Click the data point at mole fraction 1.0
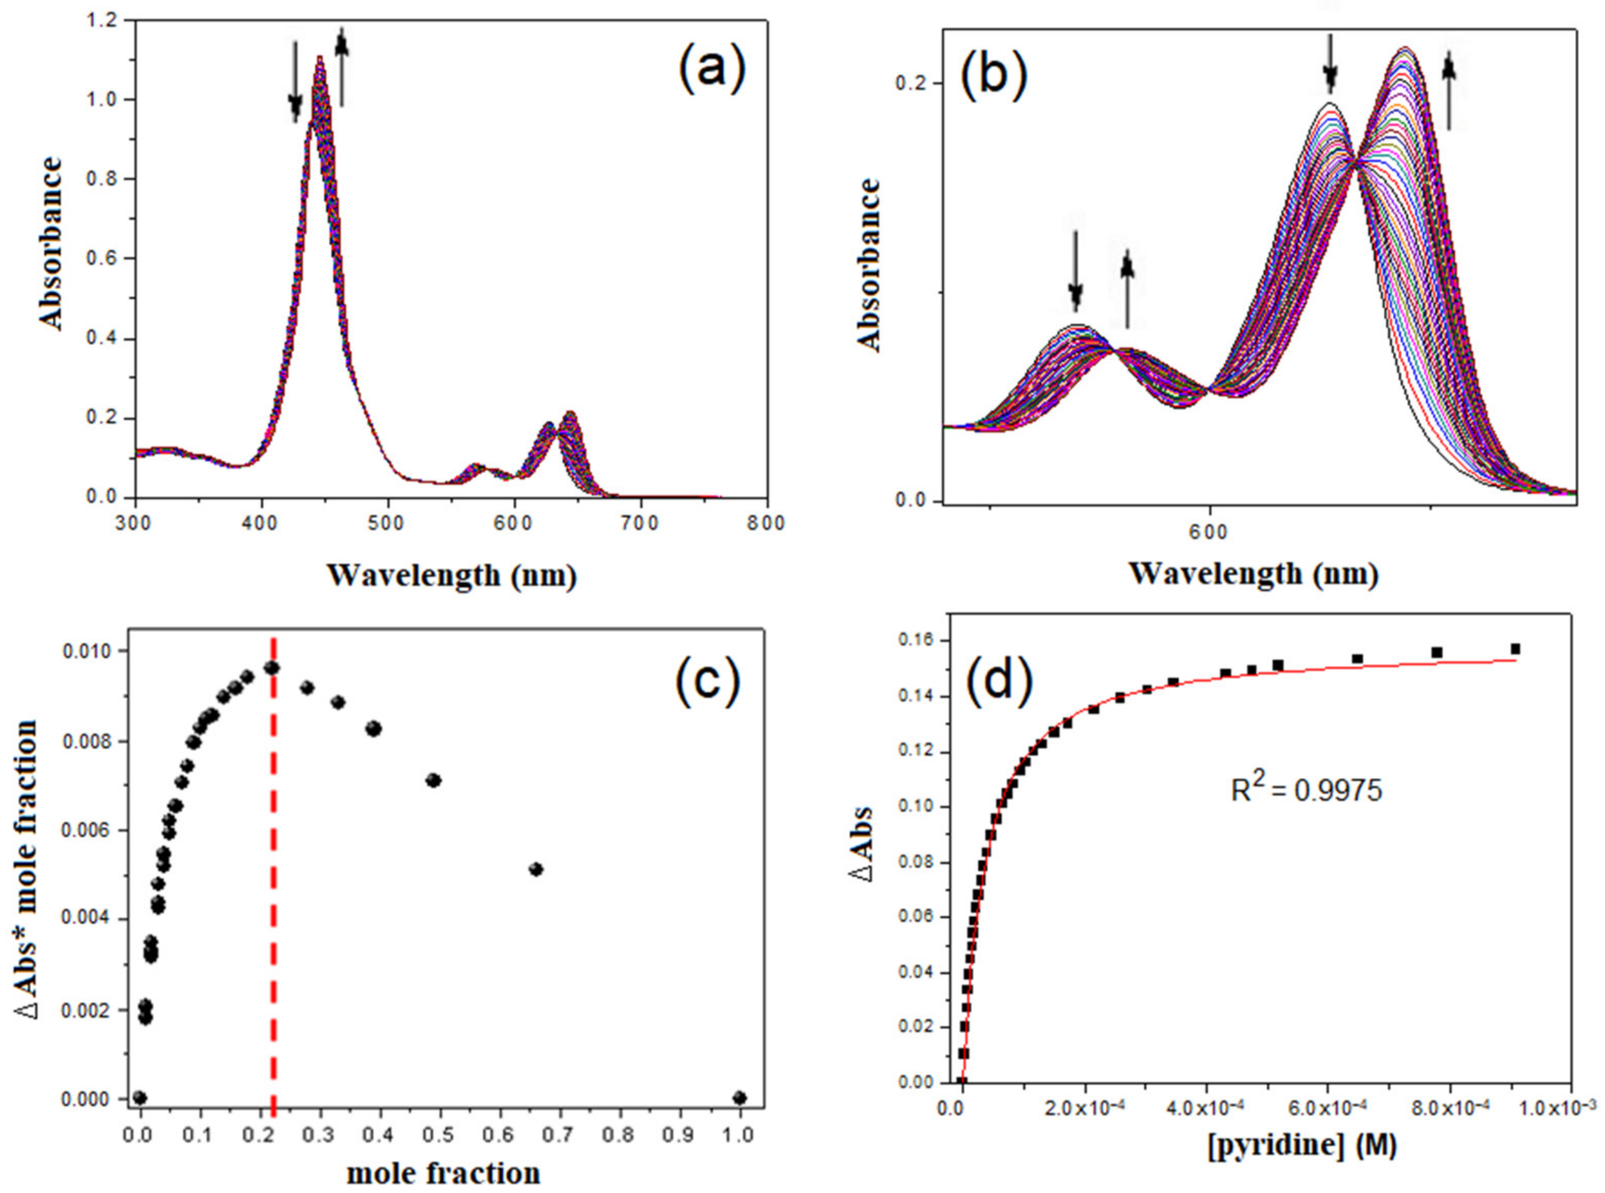click(739, 1098)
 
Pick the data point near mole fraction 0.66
click(535, 869)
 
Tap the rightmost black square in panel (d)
click(1515, 649)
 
